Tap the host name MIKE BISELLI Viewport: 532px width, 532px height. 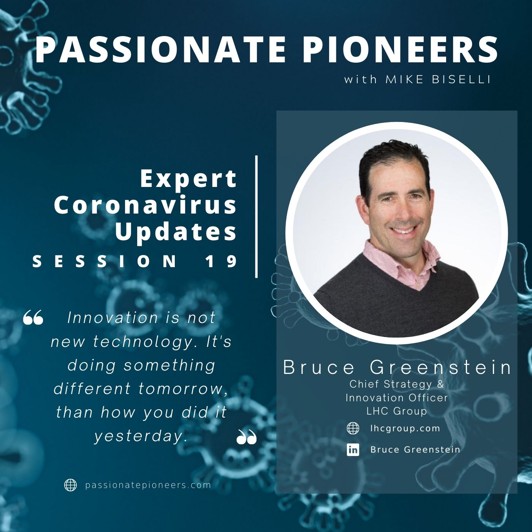tap(438, 79)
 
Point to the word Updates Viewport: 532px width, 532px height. tap(176, 232)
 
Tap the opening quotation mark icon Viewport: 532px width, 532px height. tap(33, 317)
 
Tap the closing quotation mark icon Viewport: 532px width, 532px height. tap(247, 437)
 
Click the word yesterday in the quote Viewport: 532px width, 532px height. tap(139, 437)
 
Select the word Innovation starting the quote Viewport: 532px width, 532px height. tap(112, 318)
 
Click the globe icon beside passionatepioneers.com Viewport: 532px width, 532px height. tap(70, 485)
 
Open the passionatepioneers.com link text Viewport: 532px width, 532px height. tap(148, 485)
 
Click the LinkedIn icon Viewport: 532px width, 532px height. tap(353, 450)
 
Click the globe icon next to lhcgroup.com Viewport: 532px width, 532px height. tap(353, 428)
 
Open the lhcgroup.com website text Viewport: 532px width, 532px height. tap(405, 429)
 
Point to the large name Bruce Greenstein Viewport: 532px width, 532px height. tap(397, 367)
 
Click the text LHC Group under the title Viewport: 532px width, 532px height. tap(397, 411)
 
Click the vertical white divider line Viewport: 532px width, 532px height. tap(256, 217)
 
